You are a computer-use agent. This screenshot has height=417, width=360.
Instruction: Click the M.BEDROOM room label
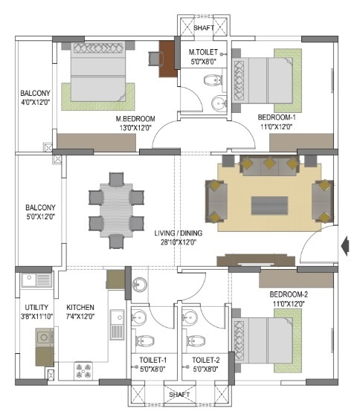pyautogui.click(x=135, y=119)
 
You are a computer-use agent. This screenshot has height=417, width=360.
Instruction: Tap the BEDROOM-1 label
pyautogui.click(x=277, y=117)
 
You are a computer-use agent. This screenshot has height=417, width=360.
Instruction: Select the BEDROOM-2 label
pyautogui.click(x=289, y=294)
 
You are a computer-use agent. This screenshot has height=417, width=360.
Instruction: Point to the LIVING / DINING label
pyautogui.click(x=179, y=233)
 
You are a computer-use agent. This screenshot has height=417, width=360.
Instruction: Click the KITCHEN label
pyautogui.click(x=80, y=308)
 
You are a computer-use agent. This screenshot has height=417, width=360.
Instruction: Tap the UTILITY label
pyautogui.click(x=36, y=308)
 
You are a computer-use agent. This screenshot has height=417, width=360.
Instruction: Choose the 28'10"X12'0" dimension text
pyautogui.click(x=179, y=242)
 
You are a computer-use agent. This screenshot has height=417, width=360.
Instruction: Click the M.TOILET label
pyautogui.click(x=203, y=52)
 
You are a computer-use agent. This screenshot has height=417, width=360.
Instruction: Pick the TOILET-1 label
pyautogui.click(x=153, y=360)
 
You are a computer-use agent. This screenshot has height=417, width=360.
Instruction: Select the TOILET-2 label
pyautogui.click(x=206, y=360)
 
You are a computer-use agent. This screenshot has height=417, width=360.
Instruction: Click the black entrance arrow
pyautogui.click(x=345, y=246)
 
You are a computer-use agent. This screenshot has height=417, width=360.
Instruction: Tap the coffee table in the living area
pyautogui.click(x=269, y=206)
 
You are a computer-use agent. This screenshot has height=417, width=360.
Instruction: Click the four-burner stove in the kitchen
pyautogui.click(x=83, y=370)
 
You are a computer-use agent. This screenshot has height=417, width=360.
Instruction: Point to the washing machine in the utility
pyautogui.click(x=45, y=337)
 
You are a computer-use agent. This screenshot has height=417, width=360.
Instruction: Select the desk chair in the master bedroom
pyautogui.click(x=155, y=59)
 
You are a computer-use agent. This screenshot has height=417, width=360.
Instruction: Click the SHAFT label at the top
pyautogui.click(x=204, y=28)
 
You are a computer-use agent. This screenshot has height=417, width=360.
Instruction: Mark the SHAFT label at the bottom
pyautogui.click(x=179, y=395)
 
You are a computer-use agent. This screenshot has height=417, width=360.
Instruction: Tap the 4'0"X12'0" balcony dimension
pyautogui.click(x=36, y=103)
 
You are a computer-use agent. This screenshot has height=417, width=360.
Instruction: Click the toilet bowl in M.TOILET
pyautogui.click(x=213, y=80)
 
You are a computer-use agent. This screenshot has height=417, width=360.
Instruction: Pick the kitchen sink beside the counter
pyautogui.click(x=117, y=324)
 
